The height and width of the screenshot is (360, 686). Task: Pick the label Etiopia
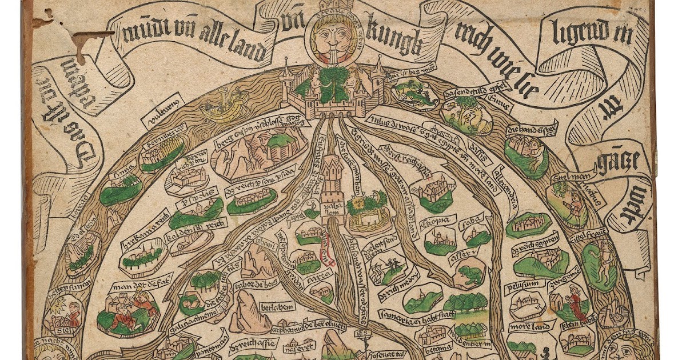(438, 220)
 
